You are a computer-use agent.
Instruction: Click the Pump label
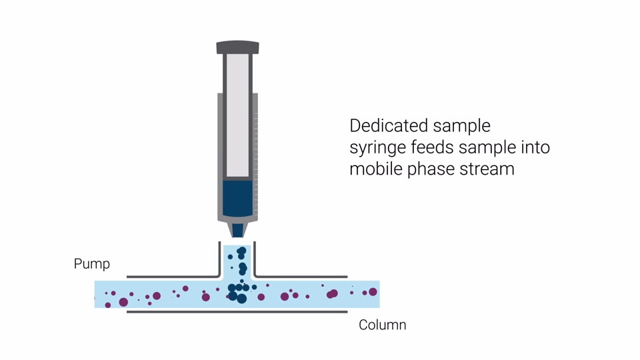[x=91, y=264]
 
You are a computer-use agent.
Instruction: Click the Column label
[x=382, y=325]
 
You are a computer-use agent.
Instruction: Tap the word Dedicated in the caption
[x=388, y=126]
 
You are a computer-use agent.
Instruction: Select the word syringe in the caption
[x=378, y=147]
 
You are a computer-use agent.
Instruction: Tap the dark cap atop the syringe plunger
[x=237, y=47]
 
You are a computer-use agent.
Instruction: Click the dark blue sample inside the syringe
[x=237, y=198]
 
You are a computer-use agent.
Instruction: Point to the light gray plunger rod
[x=237, y=113]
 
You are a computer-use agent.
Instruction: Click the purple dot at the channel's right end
[x=373, y=292]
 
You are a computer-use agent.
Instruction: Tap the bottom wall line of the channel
[x=237, y=311]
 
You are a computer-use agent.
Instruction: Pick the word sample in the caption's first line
[x=461, y=126]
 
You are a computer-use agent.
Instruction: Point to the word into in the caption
[x=537, y=147]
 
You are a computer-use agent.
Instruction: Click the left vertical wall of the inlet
[x=219, y=258]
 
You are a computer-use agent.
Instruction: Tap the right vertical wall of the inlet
[x=255, y=258]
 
